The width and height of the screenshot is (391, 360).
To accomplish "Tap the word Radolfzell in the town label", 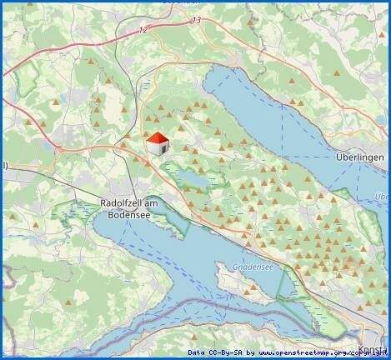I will (x=124, y=202).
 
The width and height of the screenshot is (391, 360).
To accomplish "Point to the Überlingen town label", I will (x=358, y=158).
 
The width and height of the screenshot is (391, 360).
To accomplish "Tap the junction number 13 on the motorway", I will (x=196, y=18).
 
